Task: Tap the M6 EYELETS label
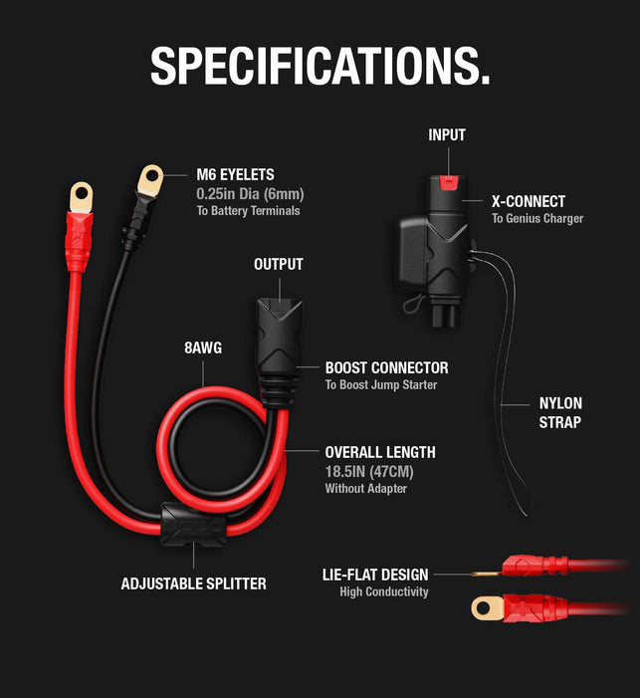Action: tap(235, 174)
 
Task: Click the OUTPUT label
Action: tap(278, 265)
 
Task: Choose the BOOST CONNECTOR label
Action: tap(386, 367)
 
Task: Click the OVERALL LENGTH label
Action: tap(380, 452)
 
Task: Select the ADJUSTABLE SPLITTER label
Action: tap(193, 583)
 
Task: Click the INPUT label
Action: tap(447, 134)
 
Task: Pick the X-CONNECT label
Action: tap(529, 201)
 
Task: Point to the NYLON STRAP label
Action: tap(560, 412)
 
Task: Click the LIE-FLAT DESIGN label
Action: tap(375, 575)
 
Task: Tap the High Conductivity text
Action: tap(383, 591)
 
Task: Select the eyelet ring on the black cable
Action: tap(150, 180)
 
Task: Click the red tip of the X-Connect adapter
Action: tap(450, 182)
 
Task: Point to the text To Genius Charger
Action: tap(537, 218)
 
